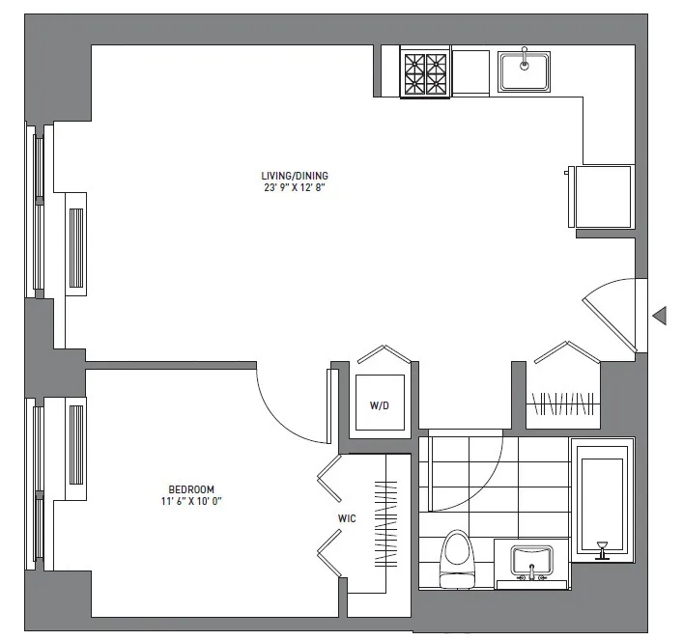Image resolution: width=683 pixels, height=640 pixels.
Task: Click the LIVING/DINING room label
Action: [x=295, y=176]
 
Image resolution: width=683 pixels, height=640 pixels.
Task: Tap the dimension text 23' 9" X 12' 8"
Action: [x=295, y=188]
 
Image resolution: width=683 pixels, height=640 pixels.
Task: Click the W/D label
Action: [x=380, y=405]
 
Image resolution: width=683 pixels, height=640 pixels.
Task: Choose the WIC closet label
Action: [x=348, y=518]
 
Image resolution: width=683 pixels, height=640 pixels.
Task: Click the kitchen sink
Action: [x=525, y=70]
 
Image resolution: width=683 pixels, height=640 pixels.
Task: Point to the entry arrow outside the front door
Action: [x=660, y=316]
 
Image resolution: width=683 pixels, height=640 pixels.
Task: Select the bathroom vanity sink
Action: [x=531, y=562]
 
